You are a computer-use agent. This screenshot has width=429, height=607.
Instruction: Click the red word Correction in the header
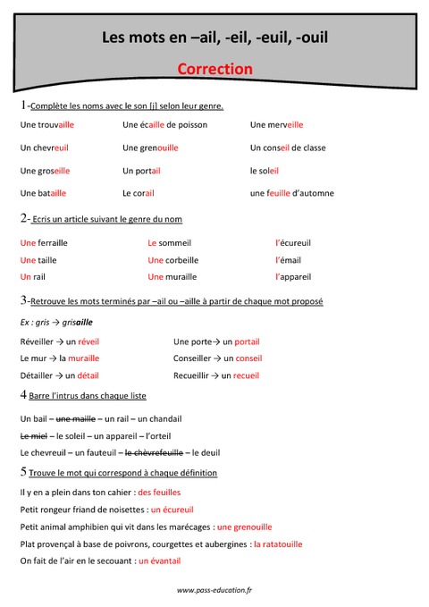214,69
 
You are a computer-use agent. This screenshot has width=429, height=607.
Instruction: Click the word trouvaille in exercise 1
55,125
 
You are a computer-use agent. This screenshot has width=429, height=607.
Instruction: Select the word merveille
285,125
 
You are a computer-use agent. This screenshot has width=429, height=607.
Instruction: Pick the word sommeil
175,242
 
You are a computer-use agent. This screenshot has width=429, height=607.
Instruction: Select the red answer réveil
88,341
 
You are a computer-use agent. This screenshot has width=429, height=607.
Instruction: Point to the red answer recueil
246,375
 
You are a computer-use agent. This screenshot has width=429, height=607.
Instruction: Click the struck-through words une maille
77,418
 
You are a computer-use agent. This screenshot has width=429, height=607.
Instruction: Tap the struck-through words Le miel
32,435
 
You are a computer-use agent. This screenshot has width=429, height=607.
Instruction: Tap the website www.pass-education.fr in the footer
214,590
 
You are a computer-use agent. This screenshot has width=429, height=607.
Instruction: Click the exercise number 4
23,395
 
